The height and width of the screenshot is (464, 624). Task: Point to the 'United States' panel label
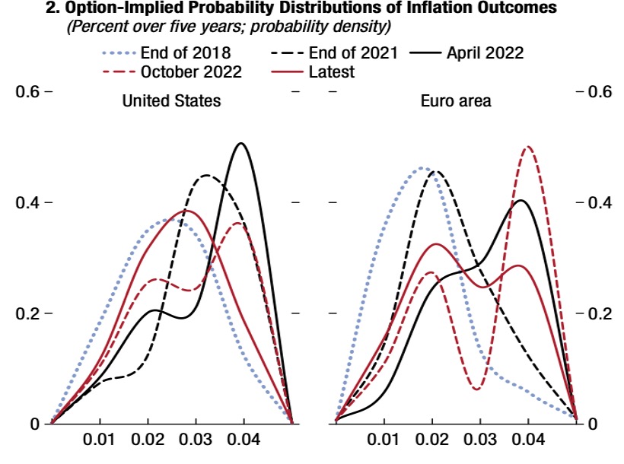pos(172,100)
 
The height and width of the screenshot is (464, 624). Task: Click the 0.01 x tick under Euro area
pos(384,440)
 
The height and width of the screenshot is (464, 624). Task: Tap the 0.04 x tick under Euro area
pos(528,440)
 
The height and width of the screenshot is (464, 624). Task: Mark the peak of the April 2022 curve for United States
pos(242,143)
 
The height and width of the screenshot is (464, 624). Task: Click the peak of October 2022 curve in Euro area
pos(527,147)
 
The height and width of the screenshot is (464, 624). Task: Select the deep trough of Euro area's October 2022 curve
pos(477,389)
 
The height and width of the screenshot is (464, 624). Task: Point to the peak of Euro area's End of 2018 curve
pos(423,167)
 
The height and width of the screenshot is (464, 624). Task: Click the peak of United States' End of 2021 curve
pos(207,176)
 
